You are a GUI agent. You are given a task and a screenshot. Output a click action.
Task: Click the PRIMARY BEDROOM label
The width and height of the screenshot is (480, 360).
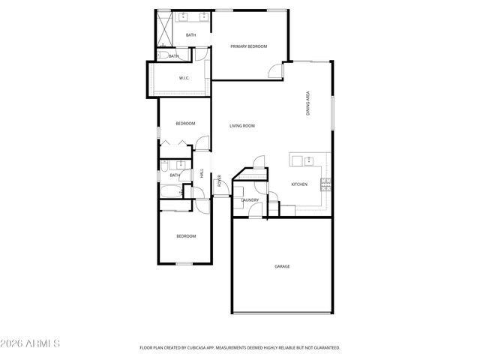248,46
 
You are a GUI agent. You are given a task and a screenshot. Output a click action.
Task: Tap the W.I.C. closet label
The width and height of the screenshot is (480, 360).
184,78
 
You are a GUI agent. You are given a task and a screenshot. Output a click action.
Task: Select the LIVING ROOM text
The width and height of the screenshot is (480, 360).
242,125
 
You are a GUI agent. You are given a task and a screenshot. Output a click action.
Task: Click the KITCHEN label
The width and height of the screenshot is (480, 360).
299,184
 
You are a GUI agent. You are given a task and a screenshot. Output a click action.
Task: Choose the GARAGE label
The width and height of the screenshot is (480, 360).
282,266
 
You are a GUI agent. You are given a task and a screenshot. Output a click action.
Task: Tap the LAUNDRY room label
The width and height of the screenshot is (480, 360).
250,200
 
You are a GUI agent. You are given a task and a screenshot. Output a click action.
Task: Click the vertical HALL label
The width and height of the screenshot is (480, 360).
202,173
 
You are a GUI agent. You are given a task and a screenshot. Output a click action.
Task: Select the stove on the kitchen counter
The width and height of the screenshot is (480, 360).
325,183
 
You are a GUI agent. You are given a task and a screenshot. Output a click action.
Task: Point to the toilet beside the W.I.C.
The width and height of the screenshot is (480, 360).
163,53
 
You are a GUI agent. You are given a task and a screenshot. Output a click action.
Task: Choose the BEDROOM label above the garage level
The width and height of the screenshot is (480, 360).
185,123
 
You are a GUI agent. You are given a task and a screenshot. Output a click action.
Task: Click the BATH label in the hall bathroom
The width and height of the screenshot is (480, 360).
175,175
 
